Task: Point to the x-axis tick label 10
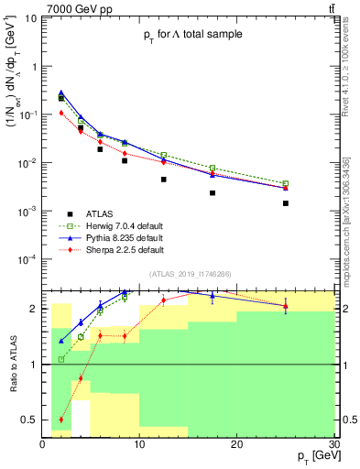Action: [139, 444]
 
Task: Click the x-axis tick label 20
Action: [236, 444]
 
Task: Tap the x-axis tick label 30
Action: [333, 444]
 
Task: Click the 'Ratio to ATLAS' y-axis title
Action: [12, 365]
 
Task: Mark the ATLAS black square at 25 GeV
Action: [286, 203]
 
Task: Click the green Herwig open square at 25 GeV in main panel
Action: [286, 183]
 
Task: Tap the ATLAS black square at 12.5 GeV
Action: [164, 180]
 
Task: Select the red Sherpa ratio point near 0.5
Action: [61, 420]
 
